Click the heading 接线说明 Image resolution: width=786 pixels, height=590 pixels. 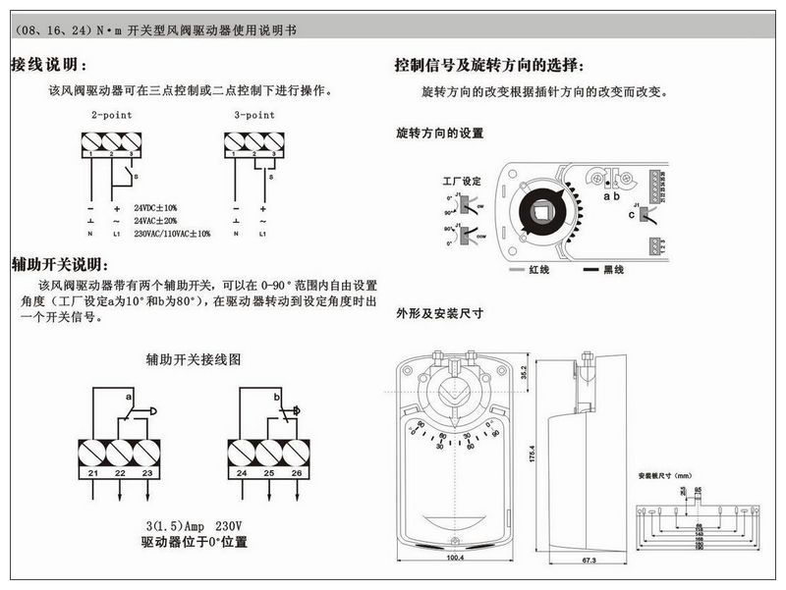pyautogui.click(x=49, y=66)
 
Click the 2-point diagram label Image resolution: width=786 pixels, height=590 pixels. pyautogui.click(x=112, y=115)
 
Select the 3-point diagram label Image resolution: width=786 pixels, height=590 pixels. pyautogui.click(x=253, y=115)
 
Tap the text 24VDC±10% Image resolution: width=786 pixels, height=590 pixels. pyautogui.click(x=155, y=208)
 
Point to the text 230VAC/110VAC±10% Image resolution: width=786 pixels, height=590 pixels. pyautogui.click(x=172, y=234)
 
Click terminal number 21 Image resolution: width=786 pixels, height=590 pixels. pyautogui.click(x=91, y=474)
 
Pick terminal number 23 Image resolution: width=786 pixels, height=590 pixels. pyautogui.click(x=146, y=474)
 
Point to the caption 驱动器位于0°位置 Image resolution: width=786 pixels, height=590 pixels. pyautogui.click(x=194, y=542)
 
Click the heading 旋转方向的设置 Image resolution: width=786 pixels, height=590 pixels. pyautogui.click(x=439, y=133)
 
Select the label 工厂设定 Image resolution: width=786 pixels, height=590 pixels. pyautogui.click(x=463, y=181)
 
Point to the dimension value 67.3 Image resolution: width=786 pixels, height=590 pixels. pyautogui.click(x=584, y=560)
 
